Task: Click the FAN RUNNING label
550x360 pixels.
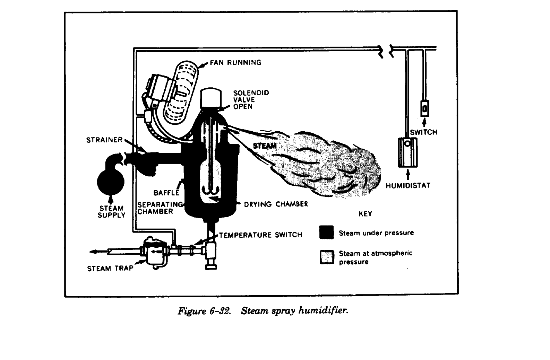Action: click(x=235, y=63)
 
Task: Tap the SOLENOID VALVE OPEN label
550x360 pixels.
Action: click(x=246, y=100)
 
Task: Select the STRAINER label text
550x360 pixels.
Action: click(x=104, y=140)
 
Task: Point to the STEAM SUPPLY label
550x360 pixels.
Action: click(x=111, y=212)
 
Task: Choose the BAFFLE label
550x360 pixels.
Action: click(x=166, y=193)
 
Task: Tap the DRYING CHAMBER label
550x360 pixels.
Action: click(x=276, y=204)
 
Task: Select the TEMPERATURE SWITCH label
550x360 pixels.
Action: click(x=260, y=235)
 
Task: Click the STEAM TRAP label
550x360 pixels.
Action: click(x=110, y=268)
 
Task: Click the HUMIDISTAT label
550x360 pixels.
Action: click(x=408, y=186)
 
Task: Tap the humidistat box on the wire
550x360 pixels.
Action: click(x=408, y=153)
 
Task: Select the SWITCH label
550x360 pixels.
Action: click(x=423, y=132)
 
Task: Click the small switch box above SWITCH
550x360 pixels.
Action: click(x=424, y=108)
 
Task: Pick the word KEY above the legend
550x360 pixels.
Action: click(x=365, y=214)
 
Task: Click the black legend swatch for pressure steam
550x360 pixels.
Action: click(x=326, y=232)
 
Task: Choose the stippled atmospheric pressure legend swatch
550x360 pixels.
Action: click(x=327, y=257)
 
